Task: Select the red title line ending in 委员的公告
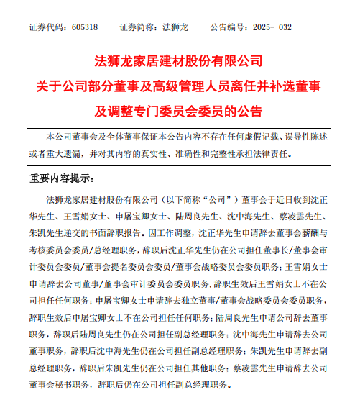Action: click(180, 111)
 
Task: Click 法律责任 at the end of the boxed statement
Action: click(285, 153)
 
